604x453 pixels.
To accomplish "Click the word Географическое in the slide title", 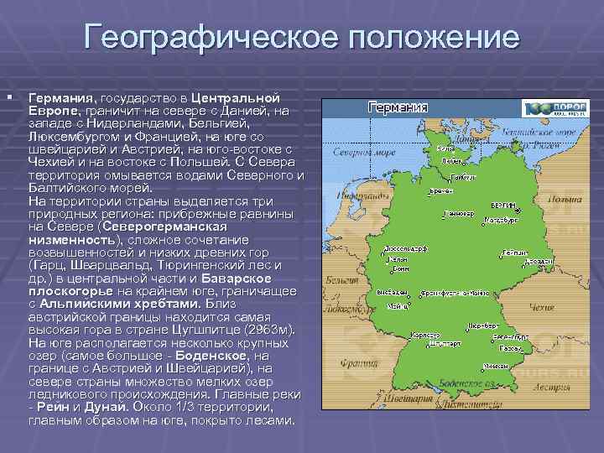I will tap(209, 39).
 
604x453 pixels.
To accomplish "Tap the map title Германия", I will tap(398, 107).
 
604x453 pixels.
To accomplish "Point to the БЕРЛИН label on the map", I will tap(502, 206).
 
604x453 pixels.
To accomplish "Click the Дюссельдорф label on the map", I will tap(400, 249).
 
